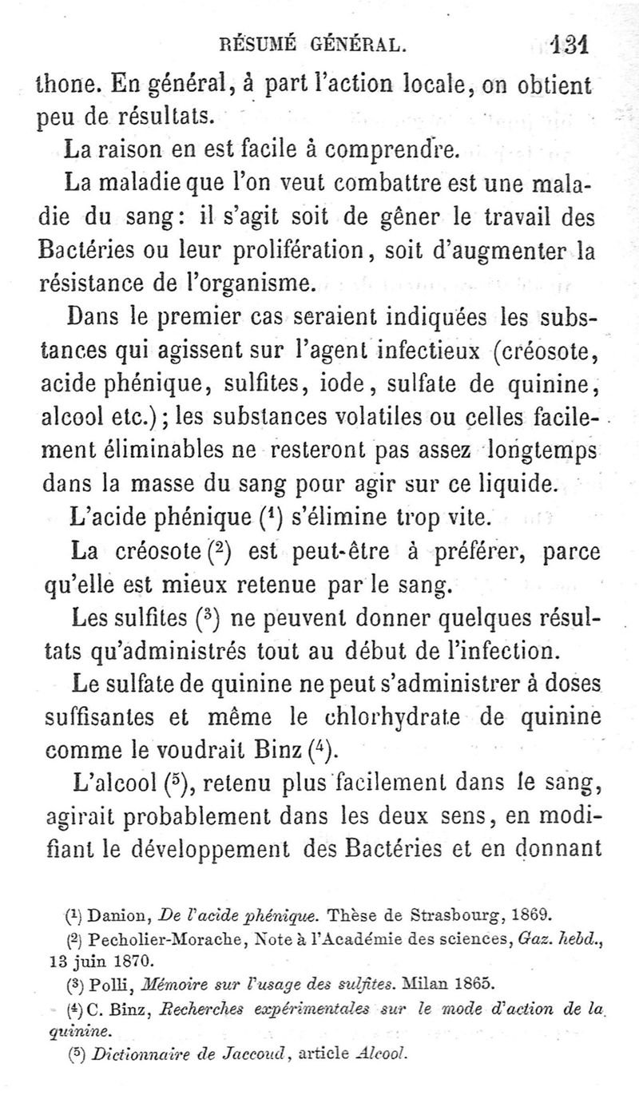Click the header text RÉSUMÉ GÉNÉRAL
(x=319, y=46)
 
